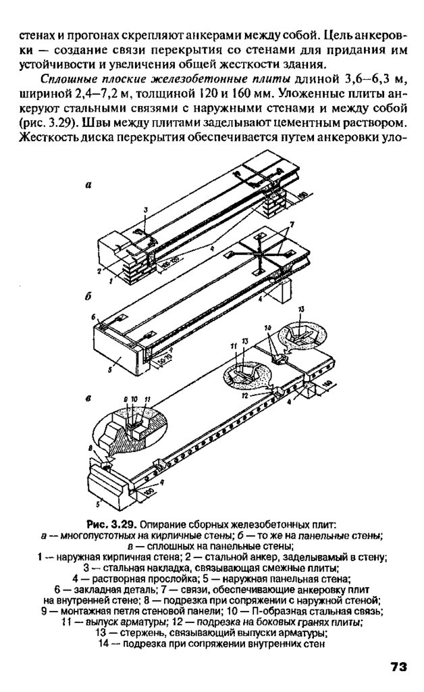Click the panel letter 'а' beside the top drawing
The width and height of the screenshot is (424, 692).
click(88, 182)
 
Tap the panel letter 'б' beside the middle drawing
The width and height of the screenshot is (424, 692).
click(88, 296)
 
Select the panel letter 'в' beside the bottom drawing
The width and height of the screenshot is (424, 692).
click(88, 399)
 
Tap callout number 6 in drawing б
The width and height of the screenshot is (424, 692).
click(95, 317)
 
